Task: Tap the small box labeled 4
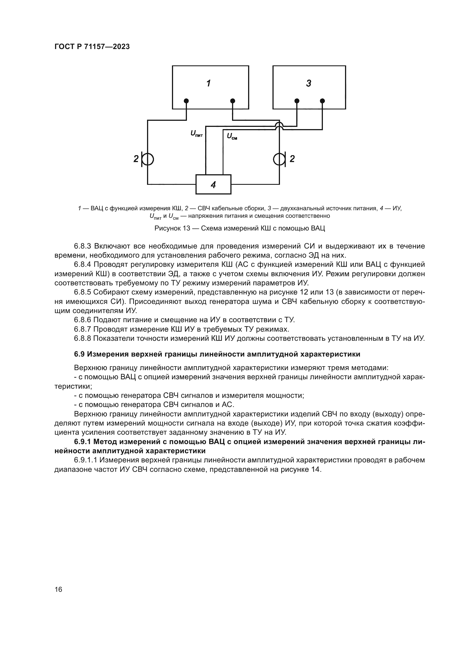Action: click(213, 185)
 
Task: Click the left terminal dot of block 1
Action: click(186, 101)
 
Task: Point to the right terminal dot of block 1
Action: click(233, 101)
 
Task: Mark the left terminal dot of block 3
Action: click(297, 101)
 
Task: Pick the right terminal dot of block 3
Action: click(322, 101)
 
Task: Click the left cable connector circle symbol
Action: click(148, 160)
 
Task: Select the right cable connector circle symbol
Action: click(279, 160)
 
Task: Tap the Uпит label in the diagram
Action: click(197, 134)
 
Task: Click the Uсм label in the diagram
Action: click(232, 137)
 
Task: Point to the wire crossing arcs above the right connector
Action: click(279, 125)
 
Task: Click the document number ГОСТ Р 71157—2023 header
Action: click(92, 47)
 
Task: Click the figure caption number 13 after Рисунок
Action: click(186, 228)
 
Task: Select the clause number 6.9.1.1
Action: click(86, 460)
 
